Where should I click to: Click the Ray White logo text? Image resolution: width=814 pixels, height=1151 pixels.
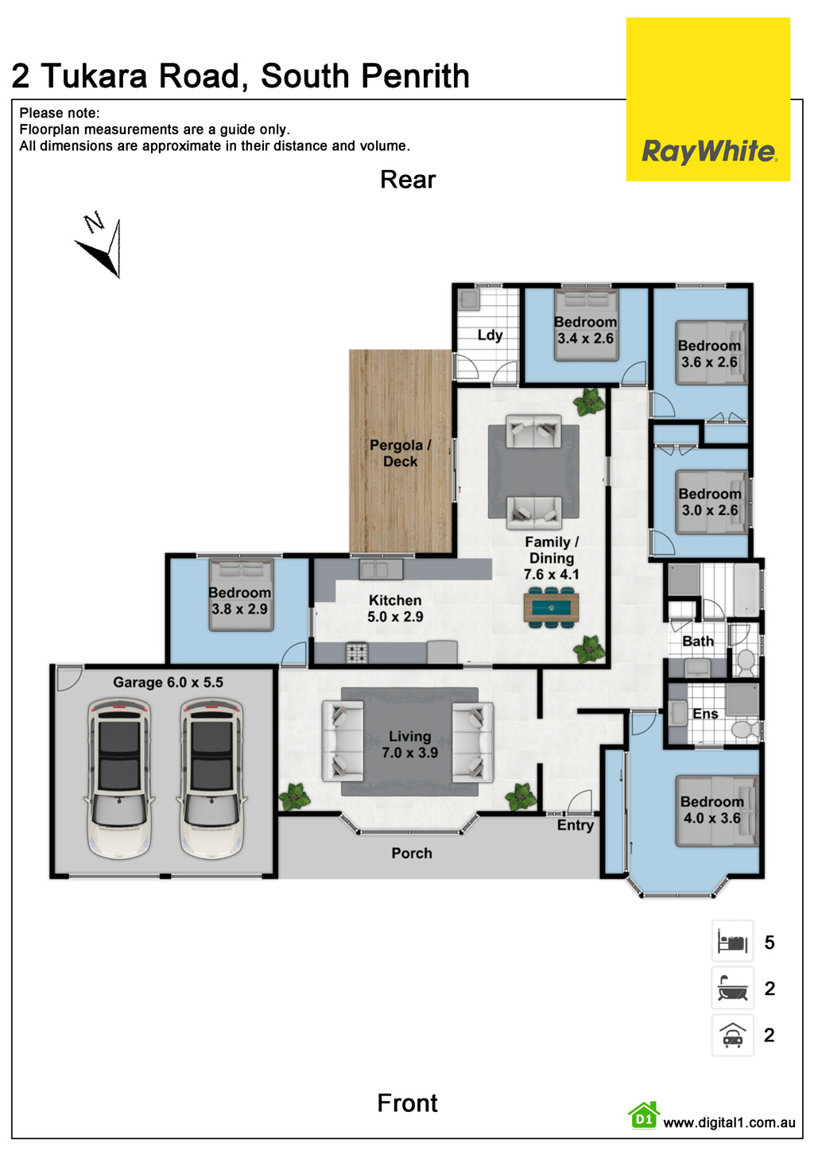click(708, 151)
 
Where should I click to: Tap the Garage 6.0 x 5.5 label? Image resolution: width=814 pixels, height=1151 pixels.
click(168, 682)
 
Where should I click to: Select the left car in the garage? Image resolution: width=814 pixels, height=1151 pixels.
click(119, 778)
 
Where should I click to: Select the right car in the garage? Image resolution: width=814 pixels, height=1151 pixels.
click(211, 778)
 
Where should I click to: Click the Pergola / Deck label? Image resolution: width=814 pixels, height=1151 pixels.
click(400, 453)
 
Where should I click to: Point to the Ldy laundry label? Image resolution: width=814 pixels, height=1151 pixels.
click(490, 335)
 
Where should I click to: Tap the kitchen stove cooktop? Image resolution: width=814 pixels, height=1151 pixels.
click(356, 653)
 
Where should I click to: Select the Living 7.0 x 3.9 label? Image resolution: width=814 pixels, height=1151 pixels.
click(409, 745)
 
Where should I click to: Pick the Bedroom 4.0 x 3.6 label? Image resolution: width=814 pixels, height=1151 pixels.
click(711, 809)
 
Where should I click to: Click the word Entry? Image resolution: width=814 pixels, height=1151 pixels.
click(575, 825)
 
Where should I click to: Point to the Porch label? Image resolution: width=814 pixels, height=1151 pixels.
click(412, 853)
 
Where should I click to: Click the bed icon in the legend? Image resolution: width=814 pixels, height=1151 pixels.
click(732, 942)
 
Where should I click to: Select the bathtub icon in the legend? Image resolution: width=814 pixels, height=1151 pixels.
click(732, 989)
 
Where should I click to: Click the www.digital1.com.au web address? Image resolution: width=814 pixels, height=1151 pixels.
click(728, 1122)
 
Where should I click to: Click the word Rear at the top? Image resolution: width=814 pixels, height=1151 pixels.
click(408, 180)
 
